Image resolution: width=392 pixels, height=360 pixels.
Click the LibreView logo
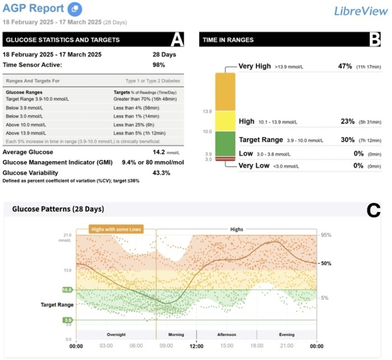[x=361, y=11]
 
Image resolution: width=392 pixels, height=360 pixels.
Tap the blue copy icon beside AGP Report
[x=75, y=8]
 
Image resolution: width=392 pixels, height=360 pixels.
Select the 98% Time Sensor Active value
[x=159, y=64]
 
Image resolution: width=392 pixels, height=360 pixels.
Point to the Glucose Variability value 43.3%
[x=161, y=173]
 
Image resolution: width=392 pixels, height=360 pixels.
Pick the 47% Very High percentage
[x=346, y=66]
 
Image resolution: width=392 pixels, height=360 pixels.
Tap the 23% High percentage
[x=347, y=122]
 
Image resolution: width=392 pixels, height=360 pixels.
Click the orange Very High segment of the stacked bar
[x=225, y=92]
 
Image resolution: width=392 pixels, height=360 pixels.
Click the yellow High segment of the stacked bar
[x=225, y=121]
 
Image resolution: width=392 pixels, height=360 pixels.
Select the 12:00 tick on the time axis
[x=196, y=346]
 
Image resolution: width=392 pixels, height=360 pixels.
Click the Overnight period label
[x=116, y=335]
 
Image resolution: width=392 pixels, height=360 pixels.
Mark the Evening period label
[x=286, y=335]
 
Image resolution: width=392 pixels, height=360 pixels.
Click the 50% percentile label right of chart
[x=326, y=263]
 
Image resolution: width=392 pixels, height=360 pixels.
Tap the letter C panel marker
[x=373, y=211]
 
